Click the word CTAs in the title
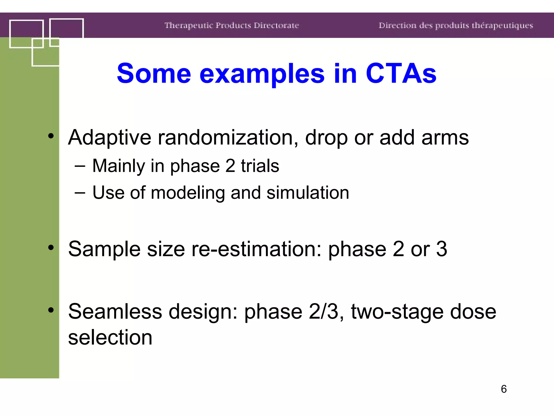[401, 73]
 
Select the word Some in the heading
[154, 73]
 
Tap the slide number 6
[503, 389]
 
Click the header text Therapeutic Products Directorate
[232, 25]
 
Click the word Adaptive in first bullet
[109, 138]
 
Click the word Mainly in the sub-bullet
[118, 166]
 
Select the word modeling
[188, 193]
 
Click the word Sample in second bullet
[104, 249]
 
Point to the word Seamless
[115, 311]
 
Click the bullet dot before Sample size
[51, 247]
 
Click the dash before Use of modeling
[80, 193]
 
